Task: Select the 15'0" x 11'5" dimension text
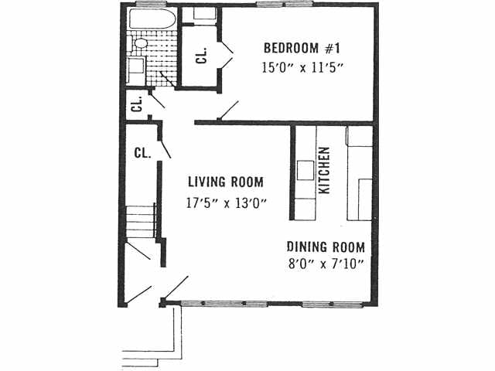tap(302, 66)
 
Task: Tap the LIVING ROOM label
tap(226, 182)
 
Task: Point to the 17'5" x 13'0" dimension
tap(226, 204)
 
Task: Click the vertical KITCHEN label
tap(325, 170)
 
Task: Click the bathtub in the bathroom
tap(152, 20)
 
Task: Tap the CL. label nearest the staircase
tap(142, 152)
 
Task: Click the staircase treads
tap(142, 221)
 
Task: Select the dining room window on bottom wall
tap(332, 304)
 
